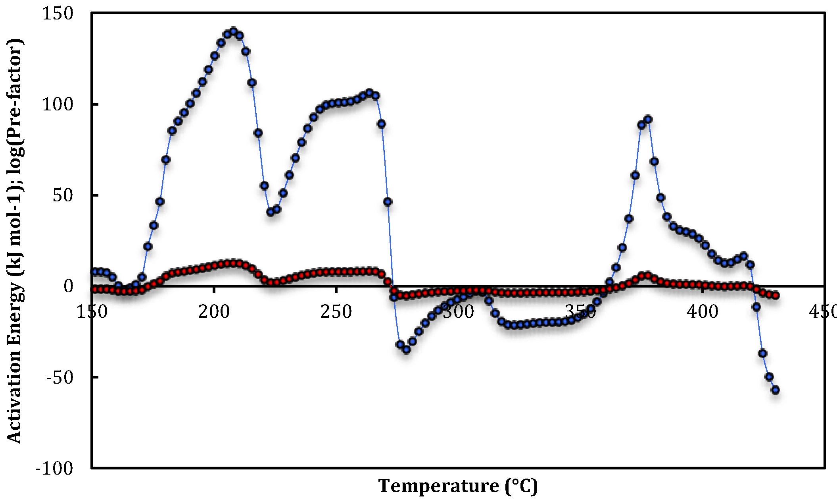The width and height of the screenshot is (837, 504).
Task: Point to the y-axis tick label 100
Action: (58, 104)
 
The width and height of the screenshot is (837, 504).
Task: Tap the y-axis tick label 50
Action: (63, 195)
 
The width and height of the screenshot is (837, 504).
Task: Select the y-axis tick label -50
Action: (60, 378)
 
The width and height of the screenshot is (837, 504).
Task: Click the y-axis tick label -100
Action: (54, 468)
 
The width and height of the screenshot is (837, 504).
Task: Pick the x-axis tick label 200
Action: (214, 312)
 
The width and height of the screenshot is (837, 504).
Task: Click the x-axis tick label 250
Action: (336, 312)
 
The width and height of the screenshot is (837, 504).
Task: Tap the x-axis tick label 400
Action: (703, 312)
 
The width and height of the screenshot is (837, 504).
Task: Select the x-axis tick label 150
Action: (92, 312)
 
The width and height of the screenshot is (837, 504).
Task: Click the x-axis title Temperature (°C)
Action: (458, 486)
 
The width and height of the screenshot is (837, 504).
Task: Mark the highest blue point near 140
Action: (233, 31)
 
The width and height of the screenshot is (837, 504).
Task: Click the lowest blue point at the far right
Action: (776, 390)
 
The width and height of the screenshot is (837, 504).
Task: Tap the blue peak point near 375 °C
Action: (648, 119)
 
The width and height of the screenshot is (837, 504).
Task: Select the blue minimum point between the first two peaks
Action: (271, 212)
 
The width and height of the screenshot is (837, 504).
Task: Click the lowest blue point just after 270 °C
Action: (406, 350)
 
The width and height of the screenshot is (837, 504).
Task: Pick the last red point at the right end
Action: (776, 295)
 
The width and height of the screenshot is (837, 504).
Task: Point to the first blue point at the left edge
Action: (94, 272)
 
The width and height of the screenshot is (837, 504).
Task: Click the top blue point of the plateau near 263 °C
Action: (369, 93)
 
